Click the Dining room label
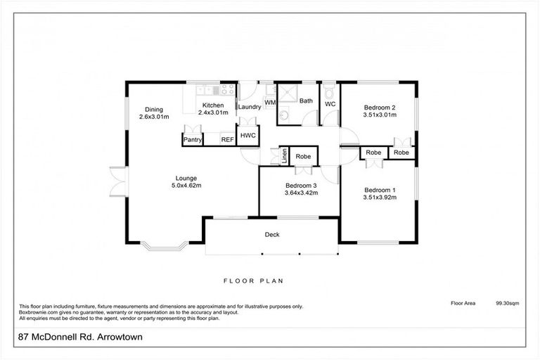[x=154, y=110]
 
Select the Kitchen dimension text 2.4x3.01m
[x=213, y=112]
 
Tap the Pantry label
[x=193, y=140]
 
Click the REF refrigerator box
[x=228, y=140]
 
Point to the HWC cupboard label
[x=247, y=135]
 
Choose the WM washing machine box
[x=269, y=103]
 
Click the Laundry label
[x=249, y=107]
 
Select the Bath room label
[x=306, y=101]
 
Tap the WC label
[x=330, y=104]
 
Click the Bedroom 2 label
[x=379, y=108]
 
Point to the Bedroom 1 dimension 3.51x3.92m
[x=379, y=198]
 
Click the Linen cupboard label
[x=284, y=155]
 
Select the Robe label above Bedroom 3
[x=303, y=156]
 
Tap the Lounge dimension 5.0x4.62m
[x=186, y=186]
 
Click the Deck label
[x=273, y=235]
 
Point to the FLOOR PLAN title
[x=253, y=281]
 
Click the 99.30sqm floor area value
[x=507, y=304]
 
